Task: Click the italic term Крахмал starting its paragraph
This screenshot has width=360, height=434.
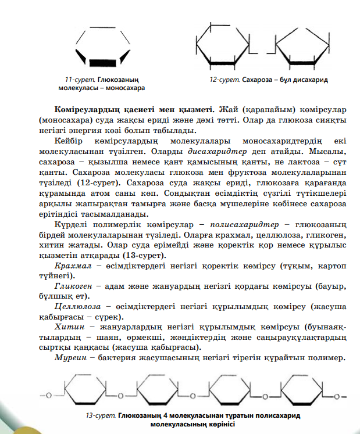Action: point(70,266)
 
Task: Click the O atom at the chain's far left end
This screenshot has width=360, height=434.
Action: point(49,396)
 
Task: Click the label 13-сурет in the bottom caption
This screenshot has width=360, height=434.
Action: point(101,417)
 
